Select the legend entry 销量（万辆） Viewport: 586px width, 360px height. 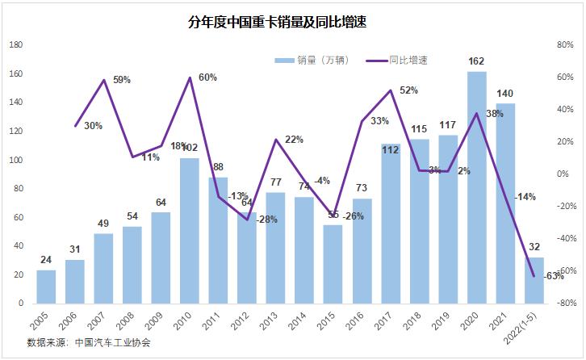click(311, 60)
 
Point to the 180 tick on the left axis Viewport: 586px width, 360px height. click(15, 45)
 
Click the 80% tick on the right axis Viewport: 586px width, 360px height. click(564, 45)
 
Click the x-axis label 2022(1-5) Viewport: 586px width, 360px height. click(529, 326)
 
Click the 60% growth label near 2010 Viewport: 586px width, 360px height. click(207, 77)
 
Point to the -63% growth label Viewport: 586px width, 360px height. click(554, 276)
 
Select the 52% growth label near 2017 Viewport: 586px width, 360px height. click(408, 90)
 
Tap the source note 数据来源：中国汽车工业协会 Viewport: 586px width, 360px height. click(89, 342)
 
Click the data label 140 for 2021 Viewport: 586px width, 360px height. click(506, 93)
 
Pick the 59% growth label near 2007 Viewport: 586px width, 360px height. click(121, 80)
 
